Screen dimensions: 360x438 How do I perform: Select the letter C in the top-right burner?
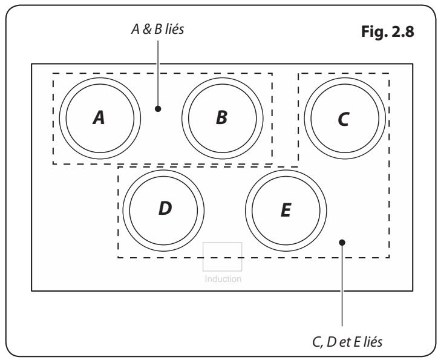point(344,120)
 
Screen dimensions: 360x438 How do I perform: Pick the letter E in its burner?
point(286,210)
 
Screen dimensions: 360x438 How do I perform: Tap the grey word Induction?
point(223,279)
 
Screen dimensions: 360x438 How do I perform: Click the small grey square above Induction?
point(223,257)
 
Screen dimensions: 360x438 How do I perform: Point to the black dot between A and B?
point(158,110)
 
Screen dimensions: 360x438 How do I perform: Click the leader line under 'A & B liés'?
point(158,73)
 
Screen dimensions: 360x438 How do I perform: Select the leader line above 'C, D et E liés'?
point(342,290)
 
